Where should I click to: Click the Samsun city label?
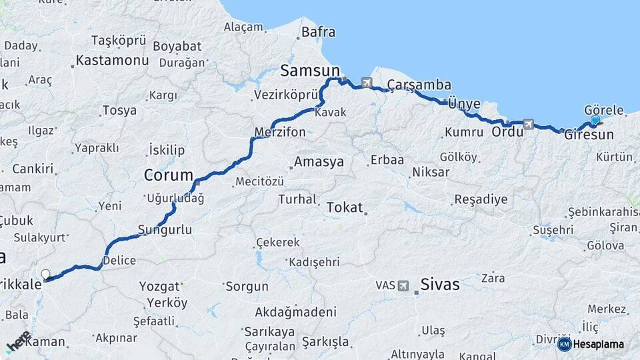(x=310, y=71)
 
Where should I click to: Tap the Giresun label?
(x=589, y=135)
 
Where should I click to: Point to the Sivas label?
(x=439, y=285)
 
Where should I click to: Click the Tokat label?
(x=344, y=208)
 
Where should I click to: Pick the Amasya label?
(x=319, y=162)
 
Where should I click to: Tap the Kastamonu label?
(x=112, y=60)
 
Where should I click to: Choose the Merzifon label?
(x=280, y=132)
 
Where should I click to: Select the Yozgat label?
(x=159, y=286)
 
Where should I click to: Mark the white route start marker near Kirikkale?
(x=45, y=274)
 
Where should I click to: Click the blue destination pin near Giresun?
(x=595, y=121)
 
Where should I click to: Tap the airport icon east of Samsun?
(x=366, y=83)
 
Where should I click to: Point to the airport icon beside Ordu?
(x=529, y=123)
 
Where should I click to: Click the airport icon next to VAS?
(x=403, y=285)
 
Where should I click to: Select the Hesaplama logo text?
(x=599, y=344)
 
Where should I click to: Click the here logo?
(x=19, y=341)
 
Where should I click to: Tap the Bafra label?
(x=319, y=32)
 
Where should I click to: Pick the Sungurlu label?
(x=165, y=230)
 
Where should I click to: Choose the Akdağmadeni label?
(x=295, y=311)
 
